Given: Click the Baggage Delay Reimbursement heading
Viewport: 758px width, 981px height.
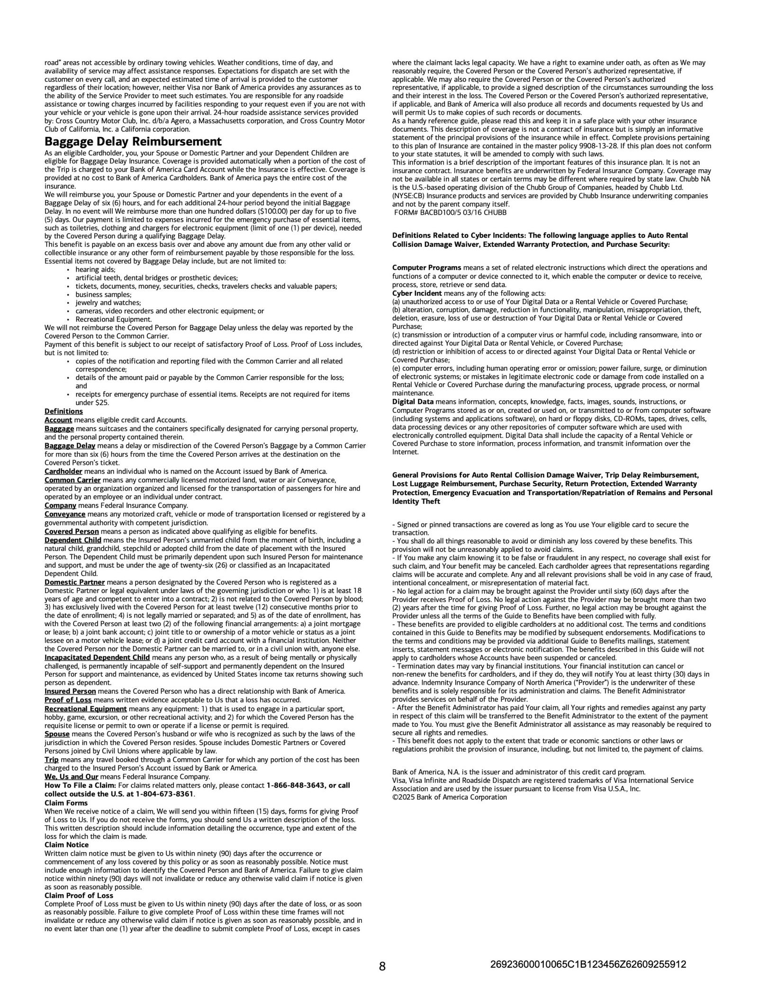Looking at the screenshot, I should pos(133,142).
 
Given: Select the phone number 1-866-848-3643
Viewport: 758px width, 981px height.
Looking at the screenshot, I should pos(296,785).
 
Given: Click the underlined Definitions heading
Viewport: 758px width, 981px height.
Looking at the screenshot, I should pos(63,411).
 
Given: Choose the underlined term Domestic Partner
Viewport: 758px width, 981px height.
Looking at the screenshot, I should pos(74,582).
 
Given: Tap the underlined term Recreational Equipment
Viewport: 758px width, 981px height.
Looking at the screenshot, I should pos(85,709).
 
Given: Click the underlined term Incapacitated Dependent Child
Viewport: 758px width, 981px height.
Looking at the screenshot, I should pos(97,657).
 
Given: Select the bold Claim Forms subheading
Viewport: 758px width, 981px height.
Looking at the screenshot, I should pos(66,803).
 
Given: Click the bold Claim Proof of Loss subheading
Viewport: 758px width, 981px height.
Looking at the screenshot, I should pos(79,895).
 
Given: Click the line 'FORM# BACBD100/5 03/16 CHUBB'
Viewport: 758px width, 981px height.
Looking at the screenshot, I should pos(450,212).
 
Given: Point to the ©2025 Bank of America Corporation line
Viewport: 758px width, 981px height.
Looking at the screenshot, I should pos(449,797).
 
